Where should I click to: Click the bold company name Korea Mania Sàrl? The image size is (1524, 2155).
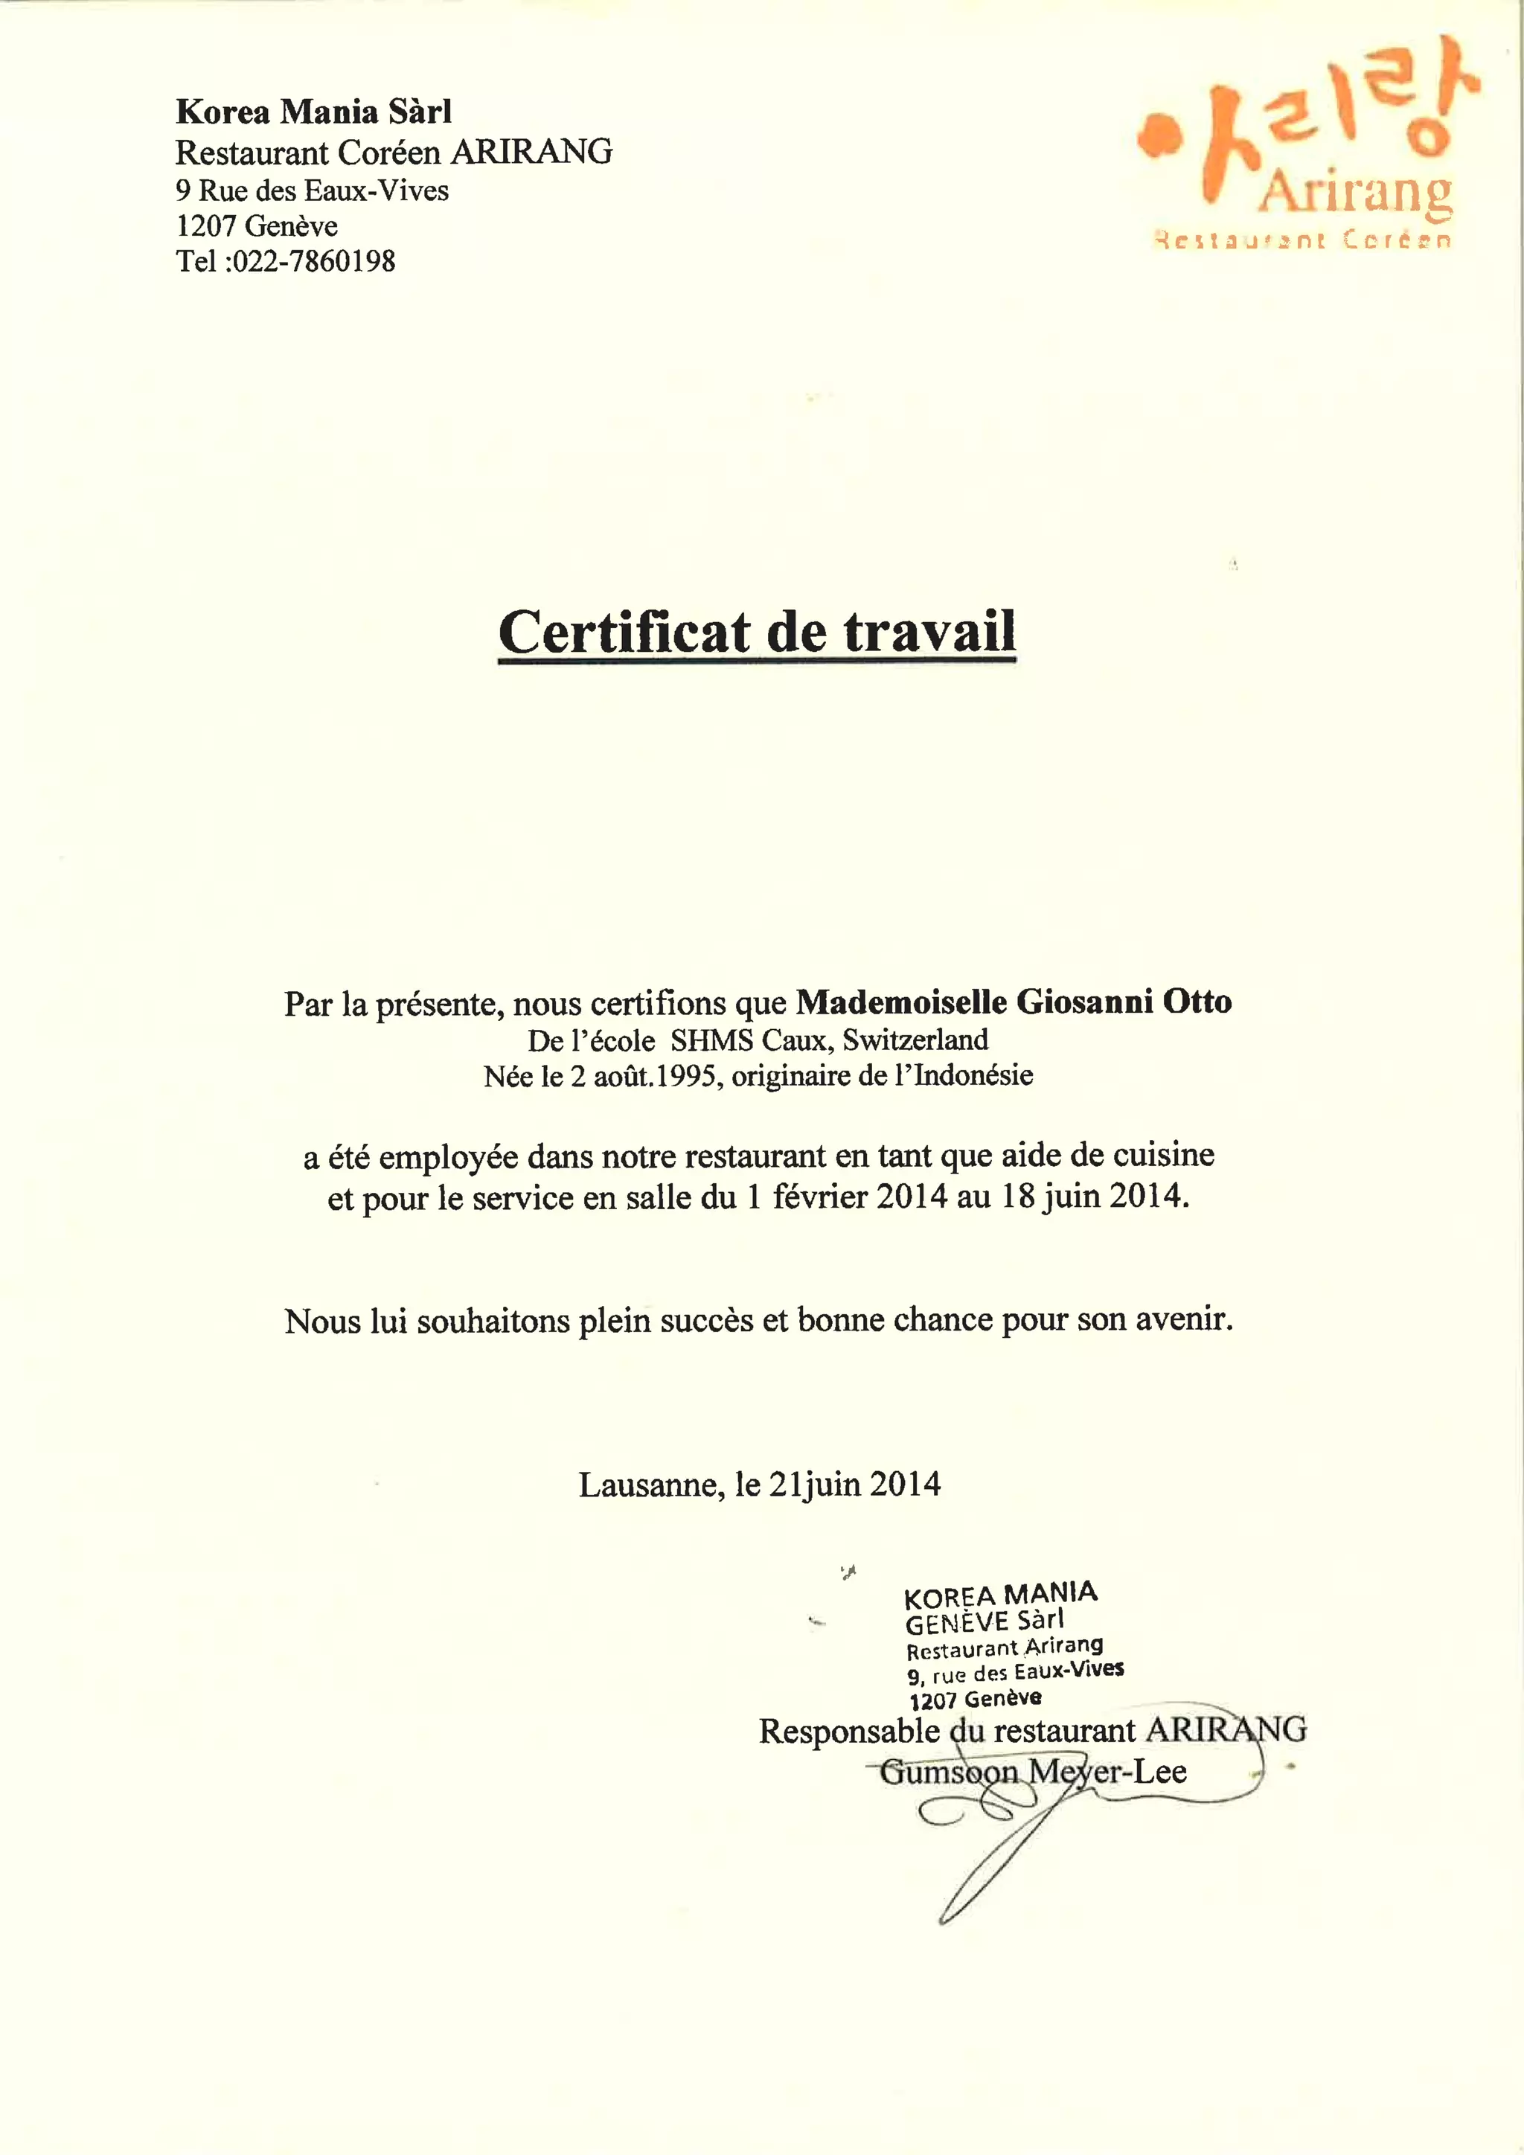point(313,112)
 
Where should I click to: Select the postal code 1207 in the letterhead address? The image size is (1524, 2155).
point(205,226)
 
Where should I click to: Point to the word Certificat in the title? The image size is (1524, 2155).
point(624,632)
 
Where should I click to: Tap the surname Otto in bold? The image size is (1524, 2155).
point(1197,1002)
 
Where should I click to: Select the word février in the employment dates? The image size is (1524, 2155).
point(820,1197)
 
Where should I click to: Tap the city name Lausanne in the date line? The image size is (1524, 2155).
point(650,1485)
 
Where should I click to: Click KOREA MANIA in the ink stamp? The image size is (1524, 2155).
point(1000,1595)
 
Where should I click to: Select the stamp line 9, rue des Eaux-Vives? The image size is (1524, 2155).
point(1015,1671)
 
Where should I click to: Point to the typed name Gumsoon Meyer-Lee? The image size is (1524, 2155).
point(1033,1771)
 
